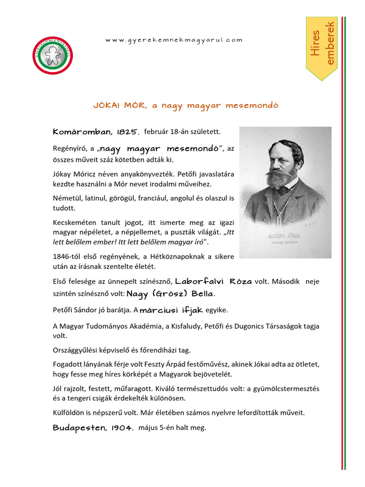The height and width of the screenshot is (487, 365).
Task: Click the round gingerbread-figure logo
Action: (53, 55)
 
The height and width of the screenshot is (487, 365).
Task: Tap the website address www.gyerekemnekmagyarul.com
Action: (173, 40)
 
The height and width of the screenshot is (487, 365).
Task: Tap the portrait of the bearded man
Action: (285, 190)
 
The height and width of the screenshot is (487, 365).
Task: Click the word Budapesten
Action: (78, 428)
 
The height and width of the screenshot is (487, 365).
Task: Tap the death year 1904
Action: (122, 428)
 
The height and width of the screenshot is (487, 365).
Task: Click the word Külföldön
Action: (69, 413)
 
